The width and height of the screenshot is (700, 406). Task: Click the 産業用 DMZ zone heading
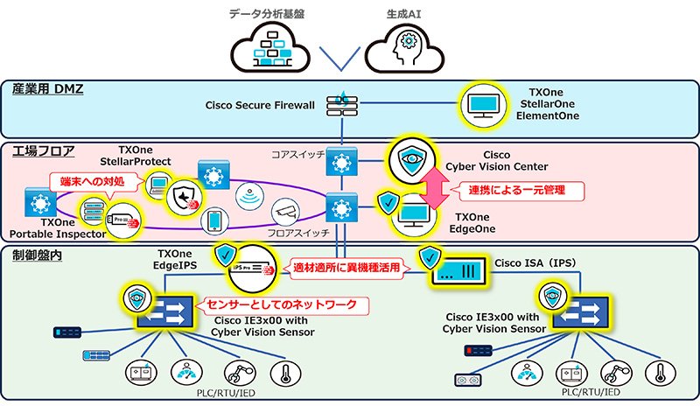pyautogui.click(x=47, y=89)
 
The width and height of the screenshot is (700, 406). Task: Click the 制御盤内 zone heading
pyautogui.click(x=36, y=255)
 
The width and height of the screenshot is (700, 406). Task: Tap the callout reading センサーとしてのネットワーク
pyautogui.click(x=281, y=305)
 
